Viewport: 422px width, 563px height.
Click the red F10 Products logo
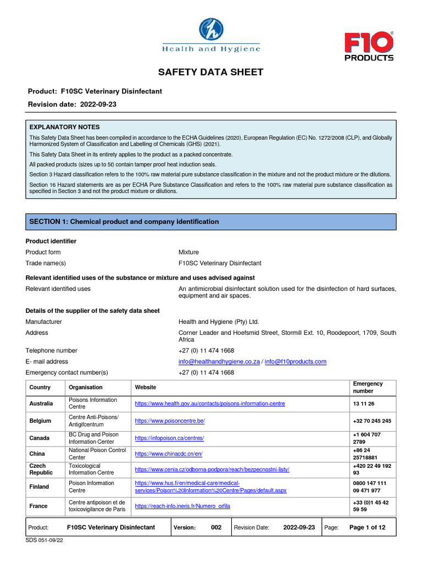click(x=369, y=47)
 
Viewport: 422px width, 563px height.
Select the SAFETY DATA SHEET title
click(x=211, y=73)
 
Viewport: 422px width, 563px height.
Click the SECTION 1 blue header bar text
click(x=124, y=222)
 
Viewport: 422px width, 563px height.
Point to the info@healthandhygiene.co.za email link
click(x=219, y=361)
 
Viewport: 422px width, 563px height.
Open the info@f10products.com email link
click(x=295, y=361)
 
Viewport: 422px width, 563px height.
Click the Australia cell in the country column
click(x=41, y=404)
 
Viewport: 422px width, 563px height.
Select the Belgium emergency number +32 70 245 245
click(x=371, y=421)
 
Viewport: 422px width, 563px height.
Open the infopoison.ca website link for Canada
click(x=169, y=438)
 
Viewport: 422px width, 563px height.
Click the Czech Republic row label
click(x=41, y=469)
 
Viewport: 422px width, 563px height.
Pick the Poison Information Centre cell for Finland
click(x=91, y=487)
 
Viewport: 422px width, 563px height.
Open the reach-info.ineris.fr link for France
click(x=182, y=506)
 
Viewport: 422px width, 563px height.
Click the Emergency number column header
click(x=368, y=387)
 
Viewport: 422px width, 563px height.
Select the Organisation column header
click(x=86, y=388)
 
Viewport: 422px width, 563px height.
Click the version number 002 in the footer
click(x=216, y=527)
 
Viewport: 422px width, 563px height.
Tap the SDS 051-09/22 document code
click(x=45, y=541)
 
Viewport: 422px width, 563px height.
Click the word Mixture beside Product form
click(x=188, y=252)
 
